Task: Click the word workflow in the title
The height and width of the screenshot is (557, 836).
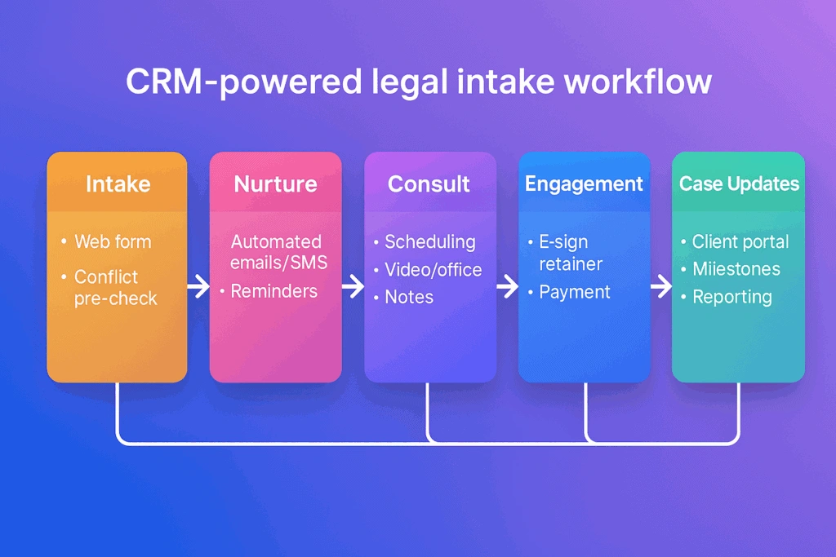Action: click(x=638, y=82)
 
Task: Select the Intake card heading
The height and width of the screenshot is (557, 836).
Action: click(x=118, y=183)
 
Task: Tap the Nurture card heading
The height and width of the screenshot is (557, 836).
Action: click(x=276, y=184)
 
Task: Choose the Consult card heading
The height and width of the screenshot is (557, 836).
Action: click(x=429, y=184)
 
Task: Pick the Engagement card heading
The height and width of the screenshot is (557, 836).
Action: click(x=584, y=184)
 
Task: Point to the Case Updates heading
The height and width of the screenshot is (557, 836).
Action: click(x=739, y=183)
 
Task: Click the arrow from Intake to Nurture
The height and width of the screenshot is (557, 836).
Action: click(x=198, y=286)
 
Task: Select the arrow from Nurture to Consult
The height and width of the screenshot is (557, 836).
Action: click(x=353, y=286)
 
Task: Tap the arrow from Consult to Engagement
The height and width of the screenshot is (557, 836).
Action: click(x=507, y=286)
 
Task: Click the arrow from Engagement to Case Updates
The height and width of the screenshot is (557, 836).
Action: click(x=661, y=286)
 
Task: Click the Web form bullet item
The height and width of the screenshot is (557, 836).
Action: click(x=113, y=241)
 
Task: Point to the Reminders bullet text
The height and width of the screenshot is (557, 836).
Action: click(x=274, y=291)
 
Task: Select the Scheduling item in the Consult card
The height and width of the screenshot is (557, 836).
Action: click(x=429, y=242)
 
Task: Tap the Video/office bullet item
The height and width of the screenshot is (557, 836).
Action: click(x=433, y=270)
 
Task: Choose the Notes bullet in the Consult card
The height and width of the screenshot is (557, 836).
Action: click(x=409, y=297)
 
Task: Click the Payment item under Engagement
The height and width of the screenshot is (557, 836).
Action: click(x=574, y=292)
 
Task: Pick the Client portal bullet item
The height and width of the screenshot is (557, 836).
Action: click(x=740, y=242)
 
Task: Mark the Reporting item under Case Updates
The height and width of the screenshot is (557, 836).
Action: click(x=732, y=297)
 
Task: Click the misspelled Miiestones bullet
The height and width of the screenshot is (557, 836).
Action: click(x=736, y=269)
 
